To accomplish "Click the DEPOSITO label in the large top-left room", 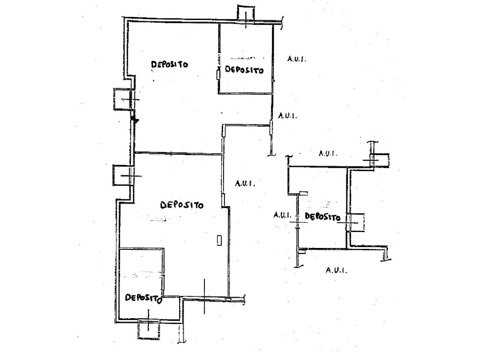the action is click(170, 64).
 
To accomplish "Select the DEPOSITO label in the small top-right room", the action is click(244, 70).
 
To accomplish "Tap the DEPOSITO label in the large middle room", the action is click(182, 205).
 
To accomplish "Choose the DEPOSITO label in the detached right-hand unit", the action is click(322, 217).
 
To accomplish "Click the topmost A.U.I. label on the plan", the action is click(296, 59).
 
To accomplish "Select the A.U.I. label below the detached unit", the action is click(337, 270).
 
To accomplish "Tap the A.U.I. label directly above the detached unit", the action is click(328, 153).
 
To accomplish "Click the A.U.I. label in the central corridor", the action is click(245, 183).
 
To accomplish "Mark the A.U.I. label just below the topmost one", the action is click(287, 116).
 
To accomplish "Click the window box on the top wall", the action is click(246, 14).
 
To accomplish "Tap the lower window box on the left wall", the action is click(123, 175).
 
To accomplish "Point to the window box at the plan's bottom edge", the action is click(149, 329).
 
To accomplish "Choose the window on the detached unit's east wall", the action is click(355, 222).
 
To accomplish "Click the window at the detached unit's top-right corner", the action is click(379, 160).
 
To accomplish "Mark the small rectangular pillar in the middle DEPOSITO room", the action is click(219, 240).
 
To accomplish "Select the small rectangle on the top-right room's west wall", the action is click(218, 75).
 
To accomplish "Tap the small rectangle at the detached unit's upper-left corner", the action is click(303, 193).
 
